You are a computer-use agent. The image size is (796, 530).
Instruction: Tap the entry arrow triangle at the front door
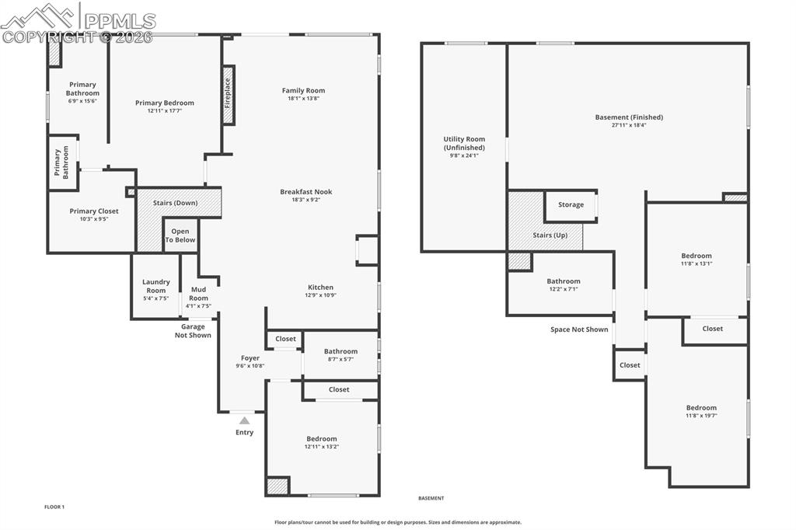pyautogui.click(x=244, y=420)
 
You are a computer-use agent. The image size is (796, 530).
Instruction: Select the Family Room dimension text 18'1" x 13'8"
pyautogui.click(x=303, y=99)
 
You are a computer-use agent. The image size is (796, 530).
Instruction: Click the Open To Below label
pyautogui.click(x=180, y=235)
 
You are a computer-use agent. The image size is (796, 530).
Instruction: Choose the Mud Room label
pyautogui.click(x=199, y=294)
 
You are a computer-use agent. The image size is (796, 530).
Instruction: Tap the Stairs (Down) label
pyautogui.click(x=175, y=203)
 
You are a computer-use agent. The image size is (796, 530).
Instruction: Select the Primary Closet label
pyautogui.click(x=93, y=211)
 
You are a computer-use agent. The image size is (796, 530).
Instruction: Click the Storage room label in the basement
pyautogui.click(x=571, y=205)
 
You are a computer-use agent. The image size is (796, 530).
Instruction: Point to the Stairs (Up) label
pyautogui.click(x=553, y=235)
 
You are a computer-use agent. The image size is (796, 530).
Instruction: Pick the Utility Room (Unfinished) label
pyautogui.click(x=464, y=143)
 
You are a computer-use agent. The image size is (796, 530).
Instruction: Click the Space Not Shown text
pyautogui.click(x=579, y=330)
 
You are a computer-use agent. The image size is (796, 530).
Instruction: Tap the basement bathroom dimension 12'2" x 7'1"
pyautogui.click(x=563, y=289)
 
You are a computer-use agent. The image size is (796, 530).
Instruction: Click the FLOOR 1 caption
pyautogui.click(x=54, y=507)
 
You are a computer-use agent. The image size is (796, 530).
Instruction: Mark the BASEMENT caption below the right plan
pyautogui.click(x=431, y=498)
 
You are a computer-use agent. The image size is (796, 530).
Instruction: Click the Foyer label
pyautogui.click(x=250, y=358)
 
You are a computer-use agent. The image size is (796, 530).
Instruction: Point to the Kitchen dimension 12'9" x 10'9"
pyautogui.click(x=320, y=295)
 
